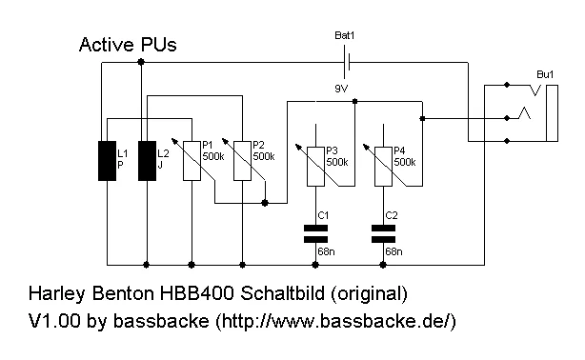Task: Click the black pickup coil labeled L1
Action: pos(107,160)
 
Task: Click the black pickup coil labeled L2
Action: pos(147,160)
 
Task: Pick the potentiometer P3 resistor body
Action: pos(316,166)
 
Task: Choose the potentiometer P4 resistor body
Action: pos(383,166)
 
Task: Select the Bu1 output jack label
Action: pos(545,73)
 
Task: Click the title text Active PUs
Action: pos(127,45)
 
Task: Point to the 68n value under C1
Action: pos(327,251)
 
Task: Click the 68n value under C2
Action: pos(393,251)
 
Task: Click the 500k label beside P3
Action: pos(337,162)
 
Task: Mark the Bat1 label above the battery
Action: pos(344,35)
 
